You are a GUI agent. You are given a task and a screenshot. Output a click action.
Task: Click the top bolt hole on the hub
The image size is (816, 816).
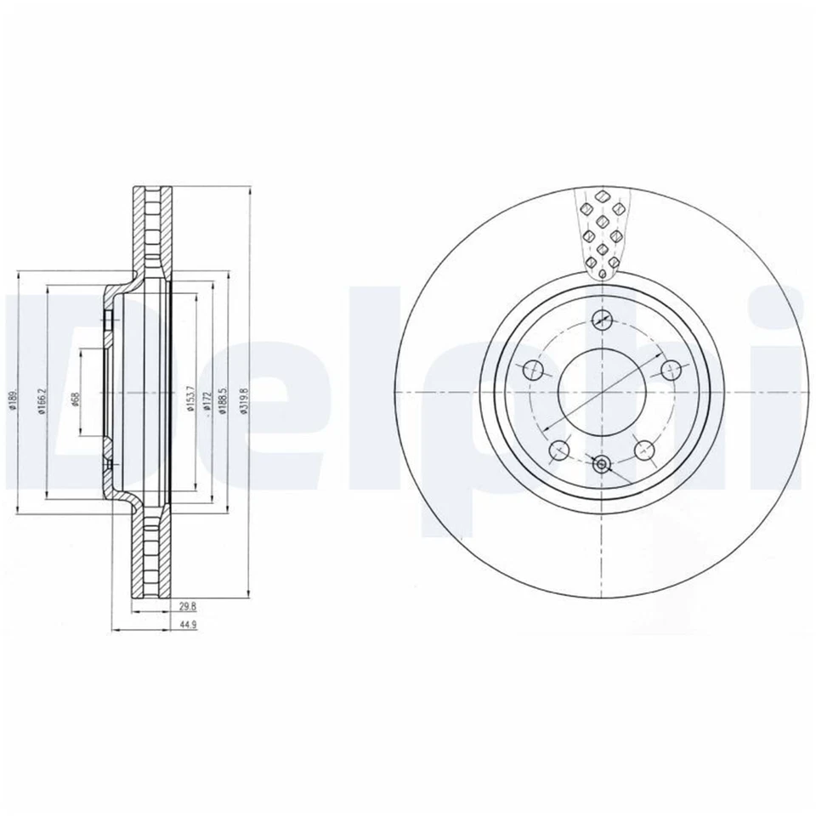click(602, 320)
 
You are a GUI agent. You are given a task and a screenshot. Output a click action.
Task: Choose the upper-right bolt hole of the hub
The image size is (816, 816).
click(670, 370)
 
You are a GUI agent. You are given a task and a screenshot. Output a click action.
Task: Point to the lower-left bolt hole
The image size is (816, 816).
click(559, 450)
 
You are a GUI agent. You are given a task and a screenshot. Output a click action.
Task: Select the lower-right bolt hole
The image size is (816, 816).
click(644, 450)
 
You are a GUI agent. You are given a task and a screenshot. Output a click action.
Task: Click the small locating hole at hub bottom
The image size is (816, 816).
click(602, 464)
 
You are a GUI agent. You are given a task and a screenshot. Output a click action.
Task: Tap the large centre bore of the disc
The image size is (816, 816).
click(602, 392)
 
